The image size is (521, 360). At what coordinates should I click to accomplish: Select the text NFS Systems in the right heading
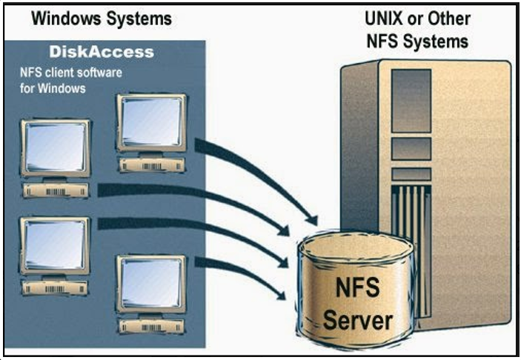[x=417, y=40]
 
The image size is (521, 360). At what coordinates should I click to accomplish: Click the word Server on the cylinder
[x=358, y=320]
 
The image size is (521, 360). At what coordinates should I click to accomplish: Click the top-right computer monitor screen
[x=150, y=120]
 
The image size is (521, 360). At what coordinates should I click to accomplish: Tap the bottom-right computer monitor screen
[x=150, y=283]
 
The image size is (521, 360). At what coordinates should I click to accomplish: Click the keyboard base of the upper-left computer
[x=56, y=190]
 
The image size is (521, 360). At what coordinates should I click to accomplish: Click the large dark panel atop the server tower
[x=411, y=100]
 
